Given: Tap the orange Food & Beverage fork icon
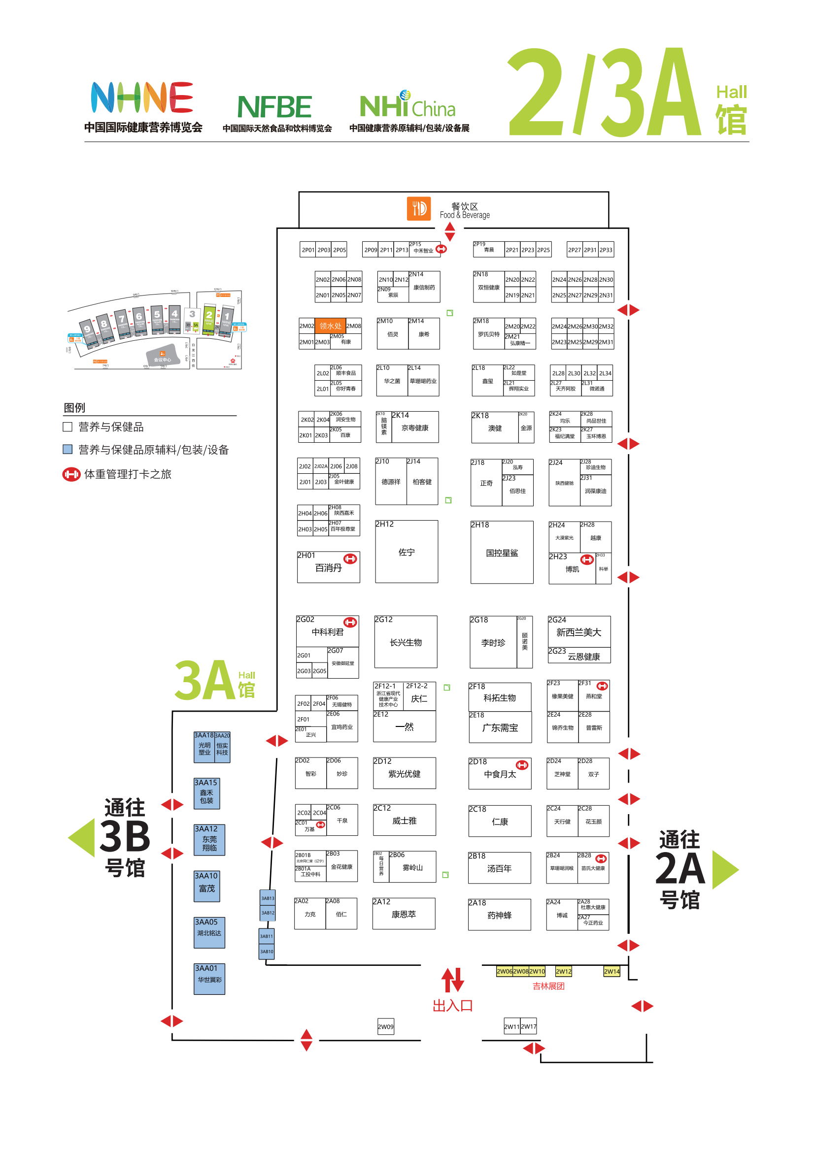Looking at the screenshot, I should tap(418, 208).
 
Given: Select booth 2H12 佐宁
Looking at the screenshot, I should tap(407, 552).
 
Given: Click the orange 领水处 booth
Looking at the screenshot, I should tap(330, 326).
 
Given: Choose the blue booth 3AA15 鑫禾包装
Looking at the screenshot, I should tap(207, 793).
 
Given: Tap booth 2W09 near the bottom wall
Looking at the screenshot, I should tap(385, 1026).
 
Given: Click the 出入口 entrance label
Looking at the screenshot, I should tap(453, 1006).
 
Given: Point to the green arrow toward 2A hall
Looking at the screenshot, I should tap(725, 869).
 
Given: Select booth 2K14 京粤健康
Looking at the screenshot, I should tap(414, 428).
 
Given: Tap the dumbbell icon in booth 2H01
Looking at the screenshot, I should tap(350, 559).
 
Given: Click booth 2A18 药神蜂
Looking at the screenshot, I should tap(499, 915).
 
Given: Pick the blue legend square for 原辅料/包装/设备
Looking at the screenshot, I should tap(67, 449).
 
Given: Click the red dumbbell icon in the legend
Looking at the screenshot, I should tap(71, 474).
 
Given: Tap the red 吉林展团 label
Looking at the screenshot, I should tap(548, 986).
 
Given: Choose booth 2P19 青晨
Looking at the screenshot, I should tap(488, 249).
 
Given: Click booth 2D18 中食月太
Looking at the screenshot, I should tap(500, 774).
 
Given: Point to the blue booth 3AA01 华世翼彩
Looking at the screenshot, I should tap(209, 979).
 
